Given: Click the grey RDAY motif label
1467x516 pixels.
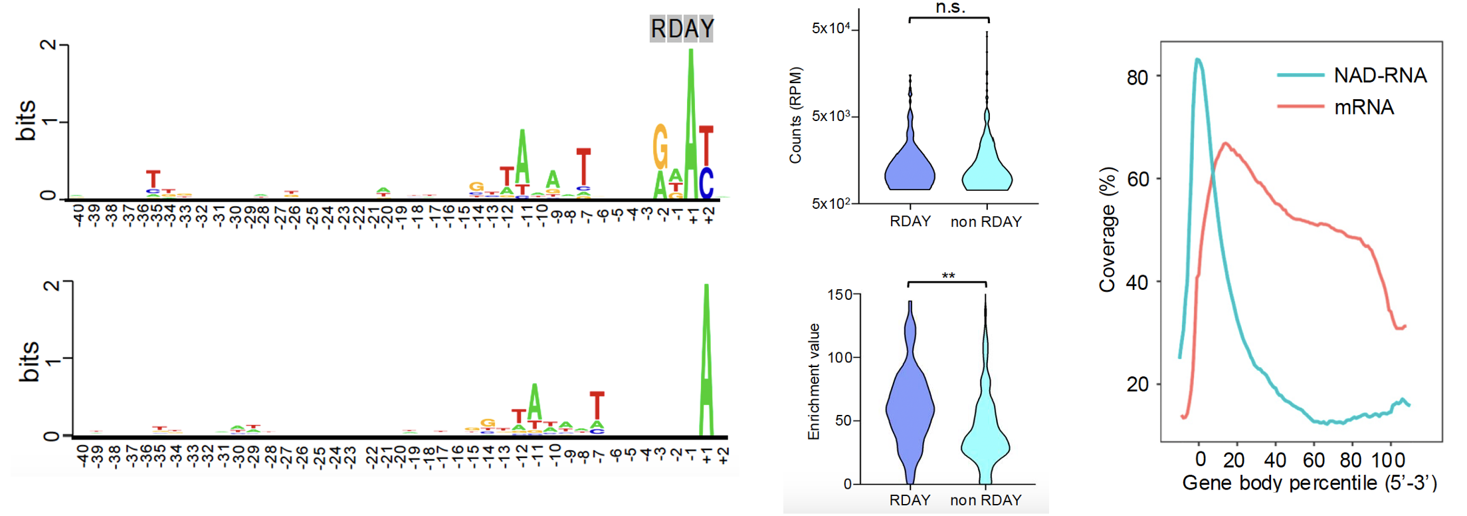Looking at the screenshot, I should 682,29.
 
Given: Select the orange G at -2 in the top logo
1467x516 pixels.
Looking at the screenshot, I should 660,147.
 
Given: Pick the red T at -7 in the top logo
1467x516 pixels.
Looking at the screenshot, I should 583,166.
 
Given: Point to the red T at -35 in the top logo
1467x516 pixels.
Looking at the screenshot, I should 153,179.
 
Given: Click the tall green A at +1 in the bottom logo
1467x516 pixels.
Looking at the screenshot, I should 706,359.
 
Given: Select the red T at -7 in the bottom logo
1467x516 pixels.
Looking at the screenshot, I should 597,405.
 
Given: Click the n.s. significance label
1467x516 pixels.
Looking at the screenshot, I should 950,7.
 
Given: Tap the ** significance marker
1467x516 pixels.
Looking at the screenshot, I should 948,276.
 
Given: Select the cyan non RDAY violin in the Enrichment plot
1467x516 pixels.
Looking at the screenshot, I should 985,439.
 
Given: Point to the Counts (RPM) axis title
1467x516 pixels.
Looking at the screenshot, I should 795,115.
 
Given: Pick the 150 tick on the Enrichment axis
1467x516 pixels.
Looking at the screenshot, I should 839,295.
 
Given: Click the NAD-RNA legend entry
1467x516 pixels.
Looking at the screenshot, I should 1379,75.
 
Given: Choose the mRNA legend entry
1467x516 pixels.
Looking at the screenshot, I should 1363,107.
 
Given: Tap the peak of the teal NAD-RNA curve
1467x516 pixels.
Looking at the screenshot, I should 1197,60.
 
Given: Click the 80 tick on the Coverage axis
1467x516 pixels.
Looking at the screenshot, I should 1137,77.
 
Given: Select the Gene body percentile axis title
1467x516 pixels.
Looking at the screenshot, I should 1310,483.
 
